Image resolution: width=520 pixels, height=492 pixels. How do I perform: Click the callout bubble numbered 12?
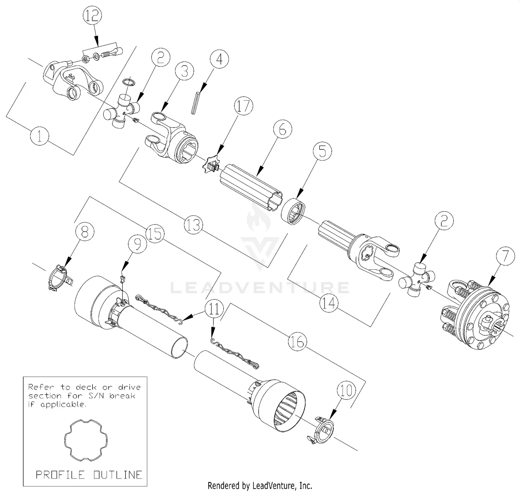tap(92, 16)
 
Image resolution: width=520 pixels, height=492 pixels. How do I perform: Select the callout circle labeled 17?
tap(243, 106)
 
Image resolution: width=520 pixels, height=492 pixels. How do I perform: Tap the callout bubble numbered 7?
tap(505, 256)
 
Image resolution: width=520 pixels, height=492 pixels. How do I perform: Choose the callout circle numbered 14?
tap(329, 303)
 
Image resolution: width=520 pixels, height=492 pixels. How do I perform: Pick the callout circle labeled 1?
tap(40, 136)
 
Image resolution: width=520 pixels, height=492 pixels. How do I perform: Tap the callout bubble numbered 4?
tap(219, 60)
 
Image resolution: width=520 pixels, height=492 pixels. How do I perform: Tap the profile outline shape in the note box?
tap(86, 440)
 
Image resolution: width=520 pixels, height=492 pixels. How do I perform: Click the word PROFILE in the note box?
tap(60, 475)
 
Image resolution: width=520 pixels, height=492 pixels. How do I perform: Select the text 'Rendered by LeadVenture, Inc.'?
tap(260, 486)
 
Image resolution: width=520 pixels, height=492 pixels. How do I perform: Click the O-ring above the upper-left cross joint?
tap(129, 82)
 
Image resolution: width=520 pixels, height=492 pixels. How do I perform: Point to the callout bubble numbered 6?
tap(283, 129)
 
